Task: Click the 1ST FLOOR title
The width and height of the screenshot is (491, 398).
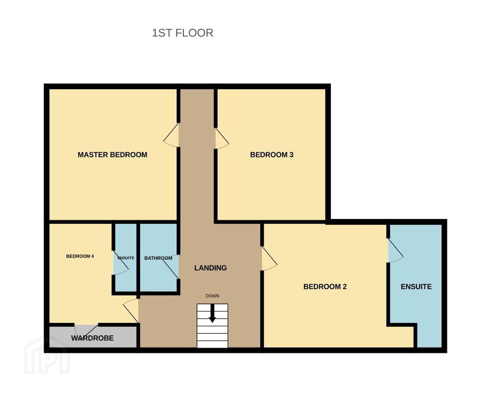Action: click(x=182, y=33)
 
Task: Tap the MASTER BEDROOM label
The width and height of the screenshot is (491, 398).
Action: click(x=112, y=155)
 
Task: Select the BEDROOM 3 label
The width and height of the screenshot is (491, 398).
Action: click(x=272, y=155)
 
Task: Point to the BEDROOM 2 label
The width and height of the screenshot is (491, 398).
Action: click(x=325, y=287)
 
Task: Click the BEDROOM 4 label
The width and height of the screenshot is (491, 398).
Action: click(x=80, y=256)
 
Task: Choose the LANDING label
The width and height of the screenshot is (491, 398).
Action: click(x=210, y=268)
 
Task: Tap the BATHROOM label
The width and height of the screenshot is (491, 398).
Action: click(x=158, y=258)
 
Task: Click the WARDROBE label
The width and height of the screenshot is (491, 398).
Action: click(x=92, y=338)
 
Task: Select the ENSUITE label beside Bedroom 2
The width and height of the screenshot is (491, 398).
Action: click(x=416, y=287)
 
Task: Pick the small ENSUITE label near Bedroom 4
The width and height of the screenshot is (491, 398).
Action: click(x=126, y=258)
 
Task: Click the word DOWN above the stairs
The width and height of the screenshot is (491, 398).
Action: click(x=212, y=296)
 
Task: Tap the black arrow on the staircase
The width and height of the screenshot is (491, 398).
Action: click(x=212, y=314)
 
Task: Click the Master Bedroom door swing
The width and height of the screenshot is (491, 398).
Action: click(x=171, y=135)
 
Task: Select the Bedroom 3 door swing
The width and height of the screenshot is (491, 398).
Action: click(x=222, y=138)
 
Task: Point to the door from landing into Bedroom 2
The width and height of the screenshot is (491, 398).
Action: click(x=269, y=258)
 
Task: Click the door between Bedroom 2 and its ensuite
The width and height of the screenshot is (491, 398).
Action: click(x=395, y=250)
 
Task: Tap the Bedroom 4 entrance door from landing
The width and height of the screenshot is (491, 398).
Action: click(x=131, y=311)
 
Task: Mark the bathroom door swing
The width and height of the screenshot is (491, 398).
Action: click(x=171, y=267)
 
